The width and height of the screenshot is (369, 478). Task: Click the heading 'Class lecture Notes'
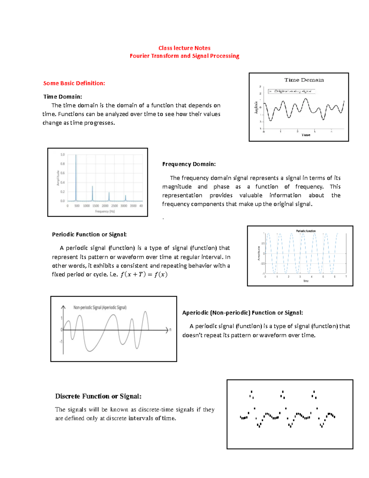point(184,48)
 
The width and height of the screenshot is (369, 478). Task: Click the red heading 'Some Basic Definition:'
point(74,83)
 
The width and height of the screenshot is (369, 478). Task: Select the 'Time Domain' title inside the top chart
point(304,80)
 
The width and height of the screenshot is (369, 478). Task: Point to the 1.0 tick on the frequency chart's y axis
point(62,155)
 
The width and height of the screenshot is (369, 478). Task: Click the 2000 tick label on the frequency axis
point(105,206)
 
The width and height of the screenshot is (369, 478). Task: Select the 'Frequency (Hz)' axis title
point(105,211)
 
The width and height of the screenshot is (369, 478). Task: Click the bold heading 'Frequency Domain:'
point(189,164)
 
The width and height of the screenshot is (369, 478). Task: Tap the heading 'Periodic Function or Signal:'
point(89,235)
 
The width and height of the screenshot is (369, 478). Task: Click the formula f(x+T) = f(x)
point(144,274)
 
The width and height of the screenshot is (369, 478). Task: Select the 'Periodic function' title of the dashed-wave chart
point(306,231)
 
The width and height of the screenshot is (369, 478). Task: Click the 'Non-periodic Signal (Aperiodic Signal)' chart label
point(100,307)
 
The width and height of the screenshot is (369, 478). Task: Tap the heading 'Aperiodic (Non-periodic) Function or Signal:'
point(242,313)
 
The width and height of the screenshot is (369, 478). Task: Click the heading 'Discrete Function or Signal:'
point(98,396)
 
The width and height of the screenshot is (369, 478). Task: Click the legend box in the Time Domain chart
point(292,91)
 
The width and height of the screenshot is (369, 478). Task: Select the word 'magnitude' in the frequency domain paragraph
point(177,187)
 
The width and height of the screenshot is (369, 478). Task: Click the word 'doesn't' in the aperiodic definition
point(192,335)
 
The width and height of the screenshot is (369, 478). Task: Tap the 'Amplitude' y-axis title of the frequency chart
point(58,178)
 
